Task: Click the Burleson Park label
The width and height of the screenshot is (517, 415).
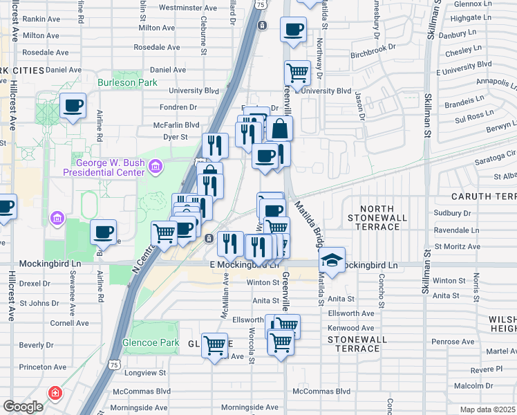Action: point(122,83)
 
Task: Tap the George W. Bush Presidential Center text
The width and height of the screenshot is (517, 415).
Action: point(104,167)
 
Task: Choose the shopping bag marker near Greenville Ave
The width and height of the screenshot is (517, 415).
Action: point(281,129)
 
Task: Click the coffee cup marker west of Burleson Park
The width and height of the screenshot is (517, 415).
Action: point(73,106)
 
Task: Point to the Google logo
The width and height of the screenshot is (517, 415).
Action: point(23,407)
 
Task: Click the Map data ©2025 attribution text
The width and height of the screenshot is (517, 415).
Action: point(487,409)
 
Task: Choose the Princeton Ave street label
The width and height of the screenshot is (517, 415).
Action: point(43,367)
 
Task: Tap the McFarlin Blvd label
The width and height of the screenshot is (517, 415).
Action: point(177,125)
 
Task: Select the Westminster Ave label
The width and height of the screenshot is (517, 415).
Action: point(188,8)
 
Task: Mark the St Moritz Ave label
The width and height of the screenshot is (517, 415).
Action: point(457,246)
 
